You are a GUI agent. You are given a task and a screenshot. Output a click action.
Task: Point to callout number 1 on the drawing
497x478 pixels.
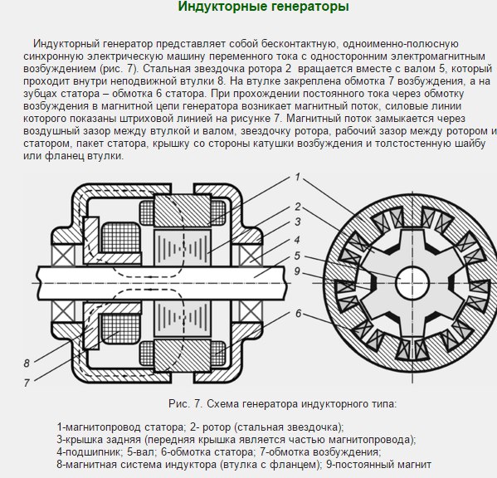297,177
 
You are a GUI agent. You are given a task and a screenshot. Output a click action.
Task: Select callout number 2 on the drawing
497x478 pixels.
298,207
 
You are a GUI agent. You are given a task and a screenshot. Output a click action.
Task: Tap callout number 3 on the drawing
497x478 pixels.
298,222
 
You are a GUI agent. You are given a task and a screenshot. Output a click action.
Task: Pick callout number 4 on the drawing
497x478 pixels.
297,240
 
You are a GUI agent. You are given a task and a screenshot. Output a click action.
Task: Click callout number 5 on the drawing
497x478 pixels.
297,256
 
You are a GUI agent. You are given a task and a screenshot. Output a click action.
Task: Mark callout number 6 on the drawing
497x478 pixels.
298,314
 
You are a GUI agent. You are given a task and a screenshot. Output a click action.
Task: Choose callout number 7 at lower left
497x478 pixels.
27,383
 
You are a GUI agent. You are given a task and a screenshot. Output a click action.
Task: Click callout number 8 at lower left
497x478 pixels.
27,363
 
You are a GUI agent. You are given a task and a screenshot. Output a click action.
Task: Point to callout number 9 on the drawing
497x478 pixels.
297,271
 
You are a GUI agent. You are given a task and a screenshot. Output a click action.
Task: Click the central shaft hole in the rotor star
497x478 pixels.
412,283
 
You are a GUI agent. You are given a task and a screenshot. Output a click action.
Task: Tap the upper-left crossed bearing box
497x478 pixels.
63,255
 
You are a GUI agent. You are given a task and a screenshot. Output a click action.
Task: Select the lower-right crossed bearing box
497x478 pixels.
251,311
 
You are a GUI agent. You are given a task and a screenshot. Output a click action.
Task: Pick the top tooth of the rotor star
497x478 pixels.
412,238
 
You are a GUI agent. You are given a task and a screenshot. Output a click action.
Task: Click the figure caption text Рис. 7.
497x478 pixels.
185,404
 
